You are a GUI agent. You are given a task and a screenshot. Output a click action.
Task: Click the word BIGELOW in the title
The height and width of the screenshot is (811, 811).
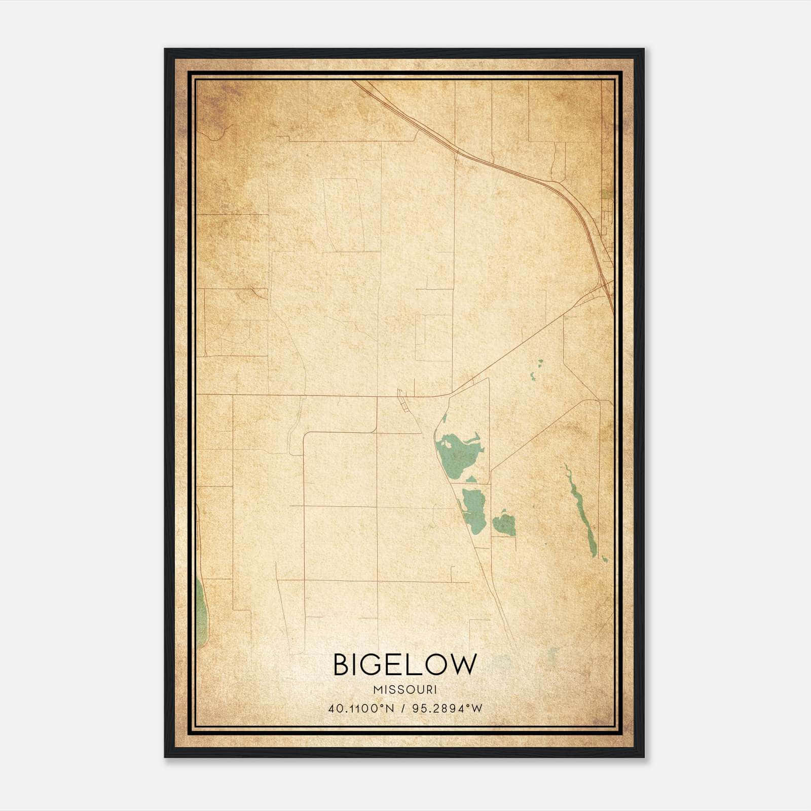(x=405, y=665)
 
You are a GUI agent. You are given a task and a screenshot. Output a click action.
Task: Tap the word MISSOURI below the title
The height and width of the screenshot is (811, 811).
(x=405, y=690)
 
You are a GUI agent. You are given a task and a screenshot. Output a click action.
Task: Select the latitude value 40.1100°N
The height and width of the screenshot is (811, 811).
(x=361, y=709)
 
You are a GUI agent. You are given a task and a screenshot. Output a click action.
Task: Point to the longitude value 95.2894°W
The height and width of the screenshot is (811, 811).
(x=448, y=709)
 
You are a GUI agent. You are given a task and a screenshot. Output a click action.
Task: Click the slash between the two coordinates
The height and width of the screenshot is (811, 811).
(x=403, y=709)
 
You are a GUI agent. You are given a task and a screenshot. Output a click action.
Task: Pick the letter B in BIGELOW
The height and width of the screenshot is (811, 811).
(x=342, y=665)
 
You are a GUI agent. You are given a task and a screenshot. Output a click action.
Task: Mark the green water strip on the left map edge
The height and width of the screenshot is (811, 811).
(x=201, y=613)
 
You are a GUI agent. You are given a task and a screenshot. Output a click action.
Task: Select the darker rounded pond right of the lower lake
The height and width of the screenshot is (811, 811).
(x=504, y=525)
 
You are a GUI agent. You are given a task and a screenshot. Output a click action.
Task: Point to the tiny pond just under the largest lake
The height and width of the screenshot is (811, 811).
(x=471, y=479)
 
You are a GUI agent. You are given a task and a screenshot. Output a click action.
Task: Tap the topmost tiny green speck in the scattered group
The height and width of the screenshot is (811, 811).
(x=540, y=362)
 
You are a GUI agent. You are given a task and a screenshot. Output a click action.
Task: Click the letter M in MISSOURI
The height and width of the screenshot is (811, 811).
(x=377, y=690)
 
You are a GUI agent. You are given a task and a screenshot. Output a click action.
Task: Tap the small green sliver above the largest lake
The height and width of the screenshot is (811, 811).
(x=444, y=419)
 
